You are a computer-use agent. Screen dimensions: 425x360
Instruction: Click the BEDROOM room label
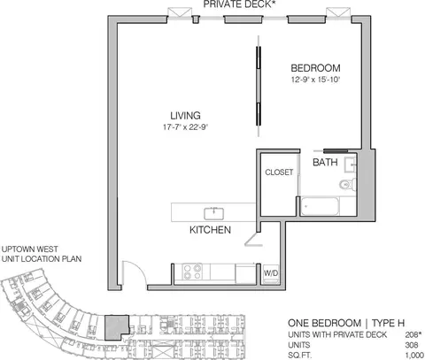click(315, 68)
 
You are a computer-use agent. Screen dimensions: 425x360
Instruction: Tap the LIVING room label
click(185, 115)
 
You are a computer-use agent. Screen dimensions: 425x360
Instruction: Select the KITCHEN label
click(210, 230)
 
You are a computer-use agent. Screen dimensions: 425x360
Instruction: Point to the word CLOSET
click(279, 172)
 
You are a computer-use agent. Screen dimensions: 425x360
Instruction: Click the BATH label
click(325, 162)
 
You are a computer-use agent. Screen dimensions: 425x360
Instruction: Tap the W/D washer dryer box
click(271, 274)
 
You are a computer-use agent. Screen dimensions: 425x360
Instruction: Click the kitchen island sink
click(214, 213)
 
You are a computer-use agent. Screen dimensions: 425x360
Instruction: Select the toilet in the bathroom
click(347, 185)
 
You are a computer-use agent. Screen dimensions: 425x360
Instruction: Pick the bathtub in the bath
click(320, 206)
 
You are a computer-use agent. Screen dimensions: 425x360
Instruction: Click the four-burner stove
click(192, 272)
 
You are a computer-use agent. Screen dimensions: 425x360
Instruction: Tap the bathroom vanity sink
click(351, 164)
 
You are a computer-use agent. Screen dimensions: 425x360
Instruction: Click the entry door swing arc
click(138, 266)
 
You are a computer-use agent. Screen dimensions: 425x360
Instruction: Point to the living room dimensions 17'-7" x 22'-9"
click(186, 127)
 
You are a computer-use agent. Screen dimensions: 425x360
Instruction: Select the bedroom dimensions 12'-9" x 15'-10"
click(316, 80)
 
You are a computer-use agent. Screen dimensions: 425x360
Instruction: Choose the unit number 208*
click(413, 335)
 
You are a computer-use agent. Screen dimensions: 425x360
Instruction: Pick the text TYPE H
click(388, 323)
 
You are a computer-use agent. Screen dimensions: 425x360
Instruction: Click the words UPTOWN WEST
click(30, 249)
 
